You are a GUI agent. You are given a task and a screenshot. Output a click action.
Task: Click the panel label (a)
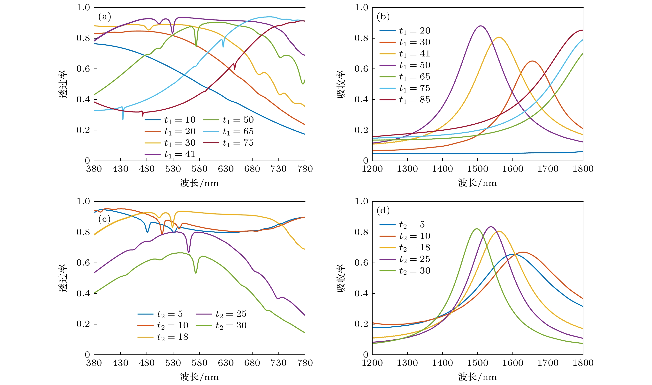pos(105,17)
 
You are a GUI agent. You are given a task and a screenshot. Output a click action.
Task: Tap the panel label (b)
pos(383,17)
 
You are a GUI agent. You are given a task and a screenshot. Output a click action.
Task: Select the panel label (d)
pos(383,210)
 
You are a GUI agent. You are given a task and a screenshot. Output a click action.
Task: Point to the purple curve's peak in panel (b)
pos(481,26)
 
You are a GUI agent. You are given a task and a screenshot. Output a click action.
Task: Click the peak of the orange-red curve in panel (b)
pos(532,61)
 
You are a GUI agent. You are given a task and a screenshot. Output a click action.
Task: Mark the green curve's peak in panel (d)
pos(477,229)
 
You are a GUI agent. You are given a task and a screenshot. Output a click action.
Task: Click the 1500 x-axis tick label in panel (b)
pos(478,169)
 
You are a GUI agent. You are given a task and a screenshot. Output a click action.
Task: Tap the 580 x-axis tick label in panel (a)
pos(199,169)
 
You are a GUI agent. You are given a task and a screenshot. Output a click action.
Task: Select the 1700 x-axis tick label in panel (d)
pos(548,363)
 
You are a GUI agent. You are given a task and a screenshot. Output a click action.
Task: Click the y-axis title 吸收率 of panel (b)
pos(341,84)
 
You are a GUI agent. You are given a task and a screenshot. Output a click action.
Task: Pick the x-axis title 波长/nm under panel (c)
pos(199,377)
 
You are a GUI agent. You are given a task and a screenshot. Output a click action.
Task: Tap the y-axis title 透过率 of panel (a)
pos(63,84)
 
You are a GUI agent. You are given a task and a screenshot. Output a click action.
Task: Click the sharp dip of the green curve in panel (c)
pos(196,273)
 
